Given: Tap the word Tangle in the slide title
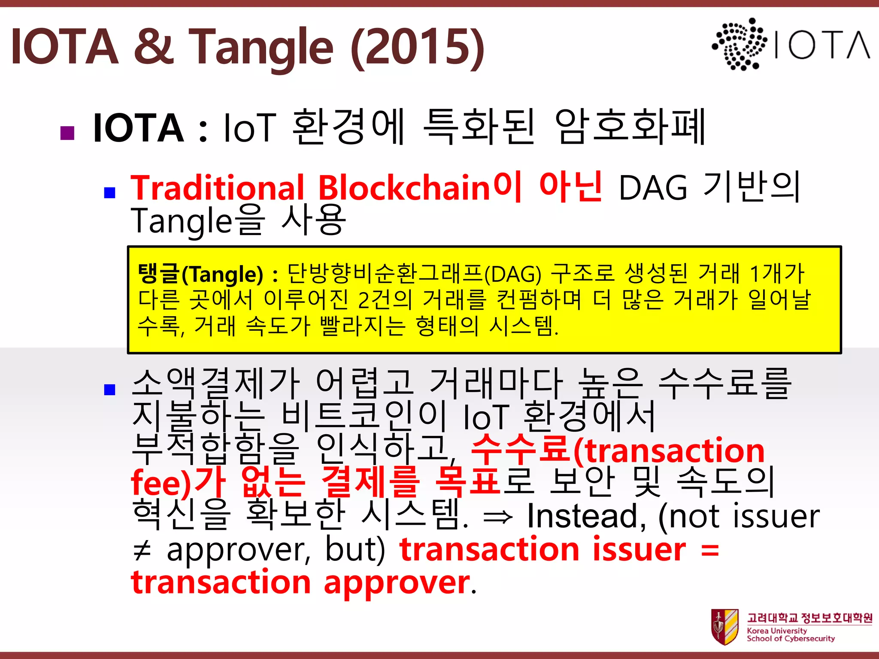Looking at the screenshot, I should click(x=261, y=47).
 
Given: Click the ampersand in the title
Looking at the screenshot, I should click(x=153, y=46).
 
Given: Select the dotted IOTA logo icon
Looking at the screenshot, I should click(x=740, y=44).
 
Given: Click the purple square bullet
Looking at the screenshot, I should click(x=68, y=133).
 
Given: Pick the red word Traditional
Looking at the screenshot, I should click(x=217, y=188).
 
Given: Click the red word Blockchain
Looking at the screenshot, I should click(x=404, y=188).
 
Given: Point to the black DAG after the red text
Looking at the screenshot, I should click(x=653, y=188).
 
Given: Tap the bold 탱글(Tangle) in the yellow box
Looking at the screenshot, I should click(x=200, y=274).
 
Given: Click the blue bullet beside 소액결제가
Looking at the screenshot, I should click(x=110, y=389).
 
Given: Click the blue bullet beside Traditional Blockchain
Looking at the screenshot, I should click(x=110, y=193).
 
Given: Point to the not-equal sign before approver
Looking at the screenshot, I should click(x=142, y=550).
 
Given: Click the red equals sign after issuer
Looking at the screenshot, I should click(x=710, y=550).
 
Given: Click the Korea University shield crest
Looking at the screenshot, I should click(x=724, y=627).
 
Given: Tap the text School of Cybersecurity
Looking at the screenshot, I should click(x=791, y=638).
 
